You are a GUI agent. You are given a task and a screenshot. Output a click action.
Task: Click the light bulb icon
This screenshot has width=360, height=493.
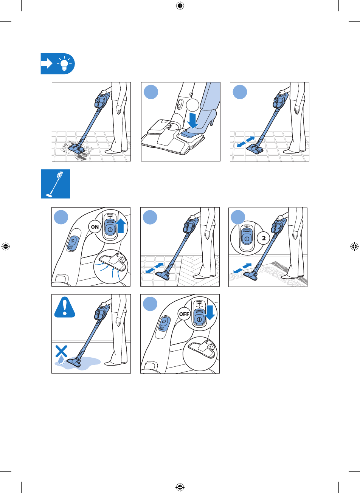[x=64, y=64]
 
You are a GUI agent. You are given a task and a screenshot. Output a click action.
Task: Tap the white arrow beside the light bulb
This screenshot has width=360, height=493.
[x=47, y=64]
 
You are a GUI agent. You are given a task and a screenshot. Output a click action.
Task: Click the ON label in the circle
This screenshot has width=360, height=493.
[x=95, y=227]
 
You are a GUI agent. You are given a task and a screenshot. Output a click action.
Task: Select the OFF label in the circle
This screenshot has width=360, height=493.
[x=184, y=314]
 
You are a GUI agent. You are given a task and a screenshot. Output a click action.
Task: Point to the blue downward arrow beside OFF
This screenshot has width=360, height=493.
[x=209, y=313]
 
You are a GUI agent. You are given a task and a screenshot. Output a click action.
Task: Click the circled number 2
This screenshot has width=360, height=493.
[x=264, y=238]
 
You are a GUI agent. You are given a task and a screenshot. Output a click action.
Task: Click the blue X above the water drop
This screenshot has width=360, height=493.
[x=61, y=351]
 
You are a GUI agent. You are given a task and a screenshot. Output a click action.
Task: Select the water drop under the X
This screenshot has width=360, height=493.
[x=61, y=361]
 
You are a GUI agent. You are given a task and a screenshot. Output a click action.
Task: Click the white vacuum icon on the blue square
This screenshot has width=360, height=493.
[x=54, y=184]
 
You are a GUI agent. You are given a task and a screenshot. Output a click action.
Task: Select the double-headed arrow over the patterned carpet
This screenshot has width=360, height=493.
[x=242, y=268]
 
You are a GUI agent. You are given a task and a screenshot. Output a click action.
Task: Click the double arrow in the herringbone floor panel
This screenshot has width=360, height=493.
[x=155, y=268]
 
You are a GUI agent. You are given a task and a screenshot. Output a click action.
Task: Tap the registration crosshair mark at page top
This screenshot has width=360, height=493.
[x=180, y=6]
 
